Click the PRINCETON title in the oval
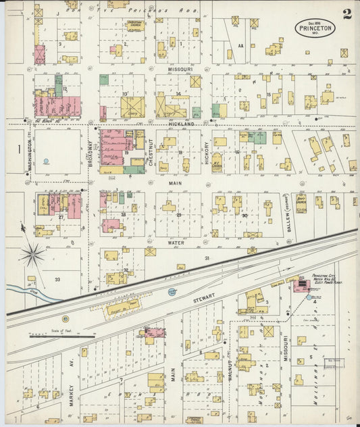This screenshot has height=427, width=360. click(315, 28)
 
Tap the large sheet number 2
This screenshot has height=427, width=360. click(346, 14)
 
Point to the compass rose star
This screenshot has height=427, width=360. click(32, 254)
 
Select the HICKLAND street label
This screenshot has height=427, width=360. click(180, 125)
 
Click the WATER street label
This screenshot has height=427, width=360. click(177, 240)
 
